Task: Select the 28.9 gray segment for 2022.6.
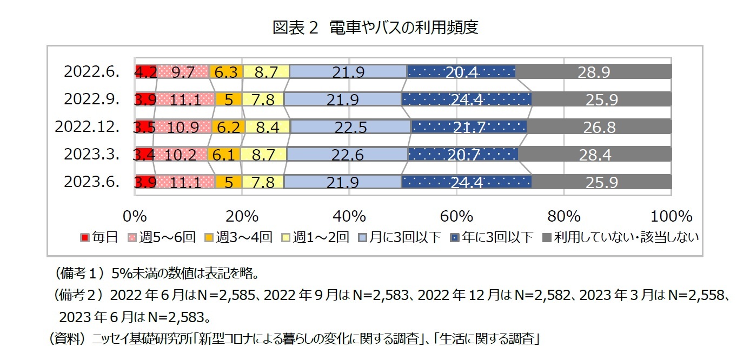pyautogui.click(x=594, y=72)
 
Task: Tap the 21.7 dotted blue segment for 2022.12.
pyautogui.click(x=468, y=128)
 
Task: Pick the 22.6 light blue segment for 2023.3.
pyautogui.click(x=347, y=155)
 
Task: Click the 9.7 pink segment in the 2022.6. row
pyautogui.click(x=183, y=72)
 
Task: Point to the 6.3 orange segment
pyautogui.click(x=225, y=72)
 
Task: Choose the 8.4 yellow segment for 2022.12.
pyautogui.click(x=267, y=128)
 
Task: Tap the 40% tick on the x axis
pyautogui.click(x=349, y=217)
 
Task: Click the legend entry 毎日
pyautogui.click(x=99, y=237)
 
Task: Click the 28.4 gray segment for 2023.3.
pyautogui.click(x=595, y=155)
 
